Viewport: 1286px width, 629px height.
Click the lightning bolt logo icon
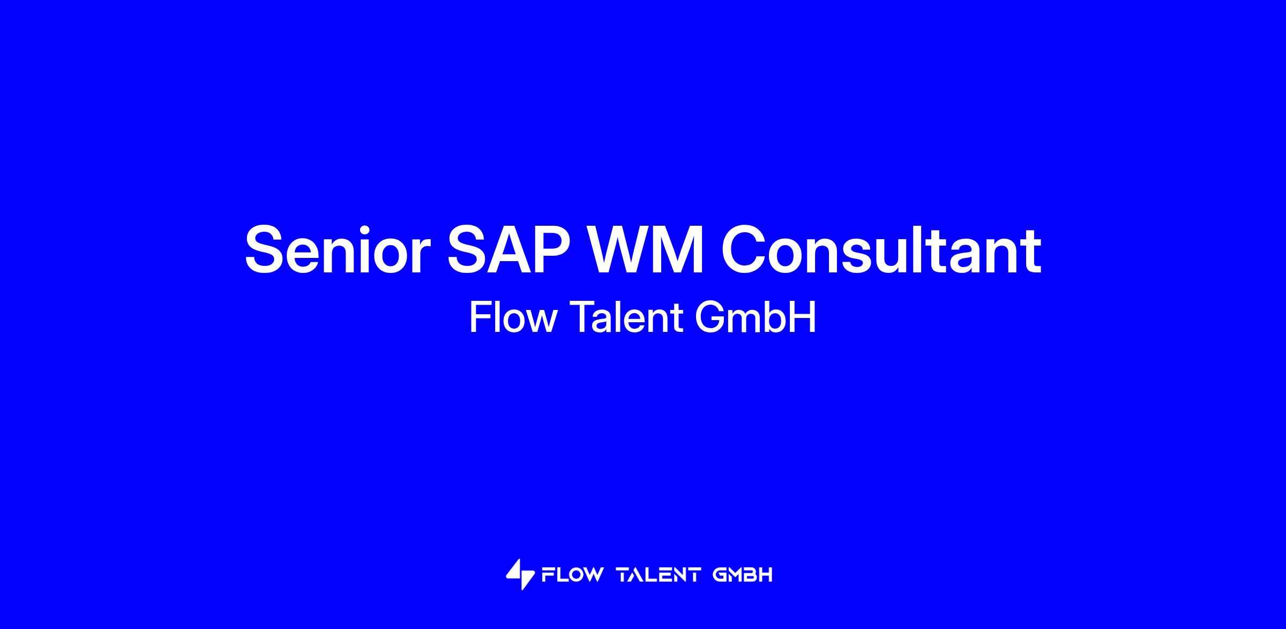tap(520, 574)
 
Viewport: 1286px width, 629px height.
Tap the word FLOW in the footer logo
tap(572, 575)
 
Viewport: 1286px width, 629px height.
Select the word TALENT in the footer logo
tap(659, 575)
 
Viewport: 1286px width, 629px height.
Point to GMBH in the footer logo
tap(743, 575)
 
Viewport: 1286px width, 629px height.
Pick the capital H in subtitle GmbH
tap(803, 317)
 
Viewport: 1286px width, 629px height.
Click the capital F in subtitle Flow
tap(480, 317)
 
